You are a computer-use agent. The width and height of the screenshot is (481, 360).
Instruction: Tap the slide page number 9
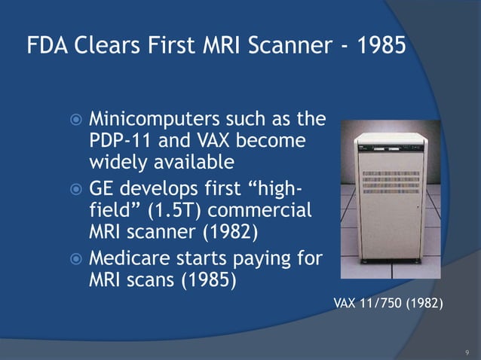click(x=467, y=352)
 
